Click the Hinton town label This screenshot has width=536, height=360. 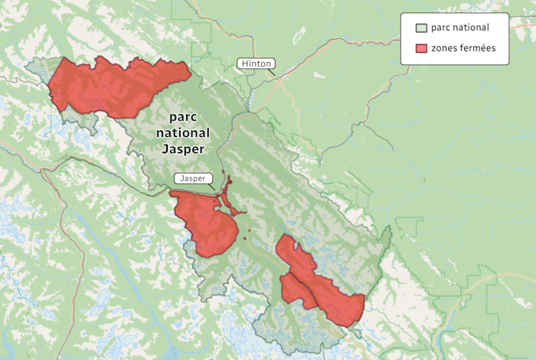(x=256, y=64)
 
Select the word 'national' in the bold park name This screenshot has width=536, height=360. (x=182, y=133)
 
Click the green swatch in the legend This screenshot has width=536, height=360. (x=420, y=28)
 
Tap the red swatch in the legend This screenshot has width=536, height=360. (x=420, y=48)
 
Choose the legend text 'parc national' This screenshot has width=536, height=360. (x=459, y=28)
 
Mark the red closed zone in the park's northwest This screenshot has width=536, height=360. (x=115, y=86)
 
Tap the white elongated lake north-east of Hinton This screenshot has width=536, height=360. (x=301, y=34)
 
